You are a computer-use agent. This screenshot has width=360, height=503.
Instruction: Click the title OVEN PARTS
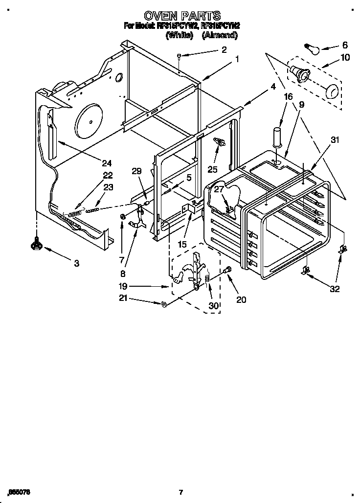coord(182,16)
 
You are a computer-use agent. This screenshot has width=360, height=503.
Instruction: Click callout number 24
coord(107,163)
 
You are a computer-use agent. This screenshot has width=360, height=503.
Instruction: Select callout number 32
coord(335,289)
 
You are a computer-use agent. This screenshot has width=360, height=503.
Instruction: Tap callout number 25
coord(212,169)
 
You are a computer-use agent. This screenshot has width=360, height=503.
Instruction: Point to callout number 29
coord(136,171)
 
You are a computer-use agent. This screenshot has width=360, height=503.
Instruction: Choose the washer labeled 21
coord(164,305)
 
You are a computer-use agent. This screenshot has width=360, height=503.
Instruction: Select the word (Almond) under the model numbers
coord(220,35)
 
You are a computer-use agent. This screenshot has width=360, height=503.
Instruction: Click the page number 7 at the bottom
coord(180,492)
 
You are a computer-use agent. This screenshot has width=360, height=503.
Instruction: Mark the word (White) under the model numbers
coord(180,35)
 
